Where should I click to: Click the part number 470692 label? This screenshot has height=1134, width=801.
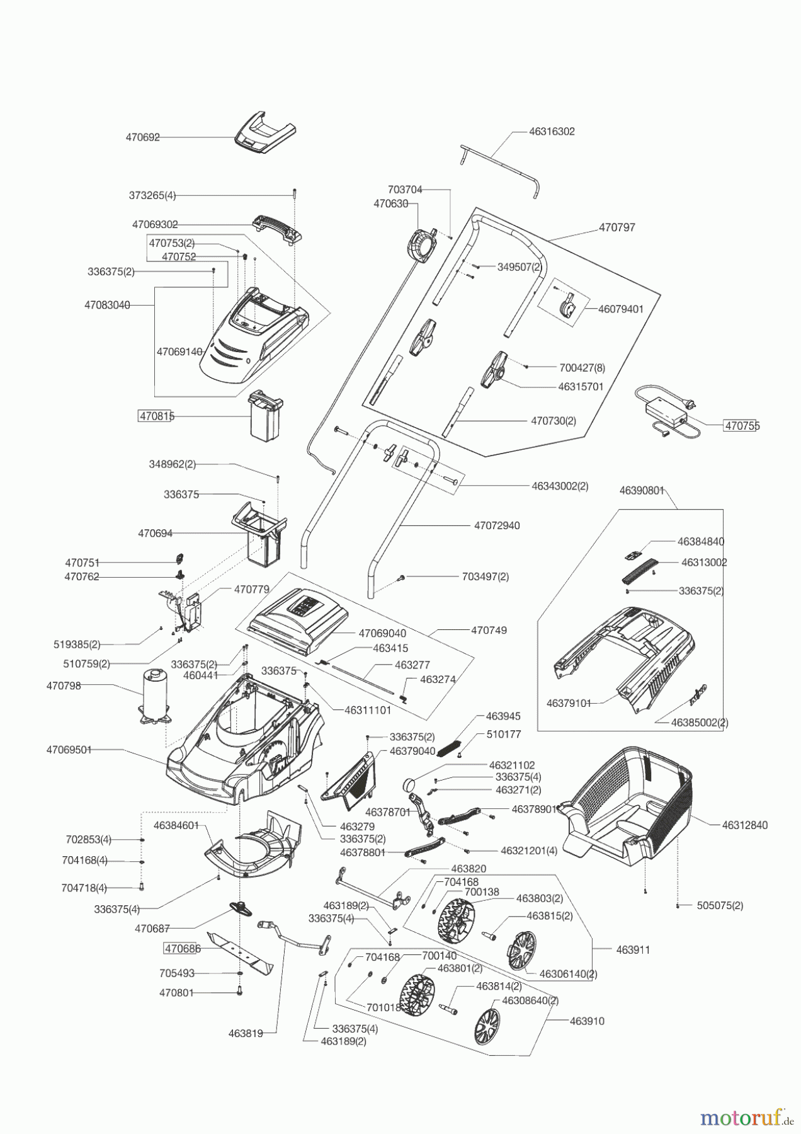(x=143, y=137)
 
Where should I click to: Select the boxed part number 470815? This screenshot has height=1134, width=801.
(x=156, y=416)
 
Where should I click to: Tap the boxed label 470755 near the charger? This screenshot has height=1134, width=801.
(x=741, y=425)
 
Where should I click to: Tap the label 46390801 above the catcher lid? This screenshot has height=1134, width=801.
(x=642, y=490)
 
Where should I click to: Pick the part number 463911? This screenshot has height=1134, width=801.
(x=632, y=949)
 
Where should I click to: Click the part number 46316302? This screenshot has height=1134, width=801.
(x=552, y=132)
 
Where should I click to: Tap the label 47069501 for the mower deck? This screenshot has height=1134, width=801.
(x=69, y=750)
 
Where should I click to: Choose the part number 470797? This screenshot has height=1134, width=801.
(x=616, y=227)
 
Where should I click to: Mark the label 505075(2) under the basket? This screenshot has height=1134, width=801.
(x=720, y=905)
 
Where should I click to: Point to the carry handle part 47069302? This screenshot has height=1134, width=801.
(x=278, y=228)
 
